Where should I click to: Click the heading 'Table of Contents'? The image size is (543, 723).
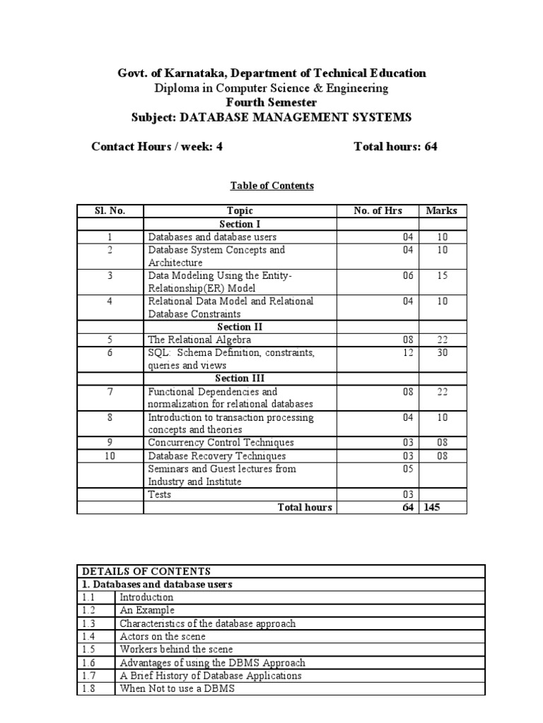click(x=271, y=186)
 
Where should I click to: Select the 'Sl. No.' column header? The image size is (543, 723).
click(x=110, y=210)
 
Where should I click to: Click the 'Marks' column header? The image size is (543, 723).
click(x=442, y=210)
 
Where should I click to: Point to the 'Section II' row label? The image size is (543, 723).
click(x=240, y=327)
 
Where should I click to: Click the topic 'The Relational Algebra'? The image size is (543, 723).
click(x=199, y=340)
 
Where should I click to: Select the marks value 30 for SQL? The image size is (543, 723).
click(x=443, y=352)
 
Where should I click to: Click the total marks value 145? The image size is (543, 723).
click(x=436, y=508)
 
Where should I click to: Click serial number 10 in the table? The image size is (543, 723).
click(x=110, y=456)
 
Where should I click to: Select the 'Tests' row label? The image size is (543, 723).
click(x=160, y=495)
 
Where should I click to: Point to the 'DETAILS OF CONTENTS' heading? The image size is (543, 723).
click(x=146, y=571)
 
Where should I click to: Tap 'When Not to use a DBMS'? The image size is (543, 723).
click(x=177, y=688)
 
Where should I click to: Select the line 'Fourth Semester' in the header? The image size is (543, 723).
click(x=271, y=103)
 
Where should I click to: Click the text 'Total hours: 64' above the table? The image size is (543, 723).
click(x=395, y=147)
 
